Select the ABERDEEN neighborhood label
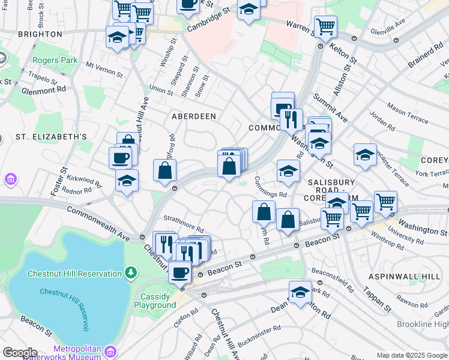click(193, 116)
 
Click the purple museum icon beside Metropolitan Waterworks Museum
click(110, 352)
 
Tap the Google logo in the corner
click(20, 352)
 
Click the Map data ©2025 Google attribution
click(411, 355)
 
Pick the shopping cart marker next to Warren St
click(325, 26)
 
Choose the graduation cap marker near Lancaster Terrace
click(365, 155)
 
